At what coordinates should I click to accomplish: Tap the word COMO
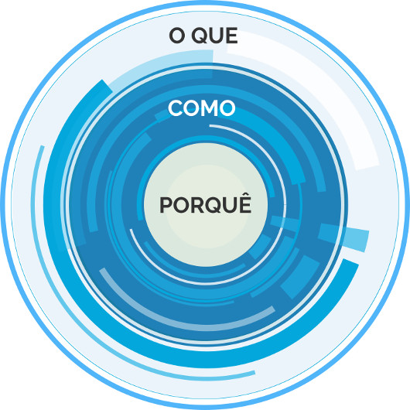tap(202, 108)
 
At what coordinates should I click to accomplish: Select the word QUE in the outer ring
tap(214, 36)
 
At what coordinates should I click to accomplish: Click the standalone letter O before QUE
tap(177, 36)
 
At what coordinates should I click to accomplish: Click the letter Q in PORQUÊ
tap(214, 205)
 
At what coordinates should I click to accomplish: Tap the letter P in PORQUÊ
tap(166, 205)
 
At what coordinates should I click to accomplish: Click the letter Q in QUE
tap(200, 36)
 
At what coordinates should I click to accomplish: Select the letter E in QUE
tap(231, 36)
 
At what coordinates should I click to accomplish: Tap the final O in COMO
tap(227, 108)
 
